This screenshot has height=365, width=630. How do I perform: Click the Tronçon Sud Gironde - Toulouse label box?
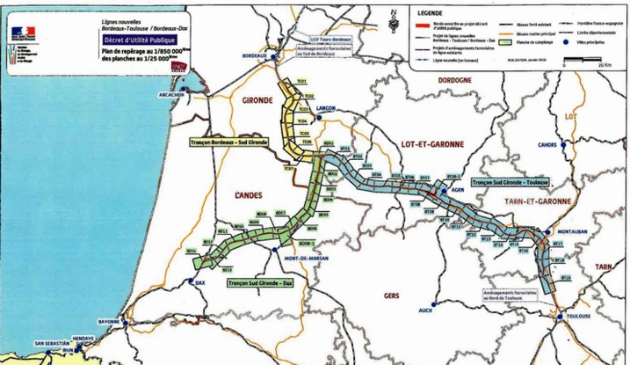click(x=510, y=182)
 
